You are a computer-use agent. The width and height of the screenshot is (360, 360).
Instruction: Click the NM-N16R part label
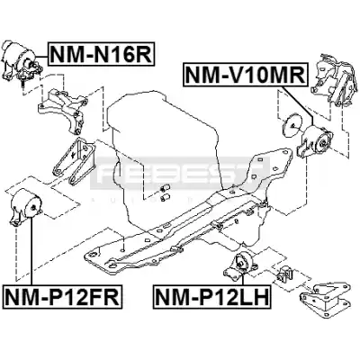point(102,54)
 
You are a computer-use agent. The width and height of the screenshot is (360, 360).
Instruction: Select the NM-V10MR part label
point(246,74)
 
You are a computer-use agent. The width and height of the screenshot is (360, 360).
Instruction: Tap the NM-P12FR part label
point(62,296)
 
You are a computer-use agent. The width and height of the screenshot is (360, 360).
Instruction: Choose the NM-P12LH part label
point(212,296)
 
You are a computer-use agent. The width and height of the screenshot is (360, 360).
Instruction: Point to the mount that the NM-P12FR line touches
point(26,206)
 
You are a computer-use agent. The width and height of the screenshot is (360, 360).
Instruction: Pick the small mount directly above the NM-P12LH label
point(240,265)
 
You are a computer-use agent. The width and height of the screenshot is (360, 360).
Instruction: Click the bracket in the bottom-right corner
point(326,296)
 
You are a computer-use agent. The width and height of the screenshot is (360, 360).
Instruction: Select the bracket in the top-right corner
point(334,79)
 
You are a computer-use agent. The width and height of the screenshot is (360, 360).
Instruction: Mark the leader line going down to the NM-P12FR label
point(31,251)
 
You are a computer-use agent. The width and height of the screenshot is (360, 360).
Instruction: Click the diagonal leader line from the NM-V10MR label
point(296,105)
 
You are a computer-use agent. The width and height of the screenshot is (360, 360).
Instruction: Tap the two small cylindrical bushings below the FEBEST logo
point(164,193)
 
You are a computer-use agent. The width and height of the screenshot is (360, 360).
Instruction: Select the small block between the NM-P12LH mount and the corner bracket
point(284,274)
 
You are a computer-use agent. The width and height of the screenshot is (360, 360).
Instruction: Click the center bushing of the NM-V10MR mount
point(323,143)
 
